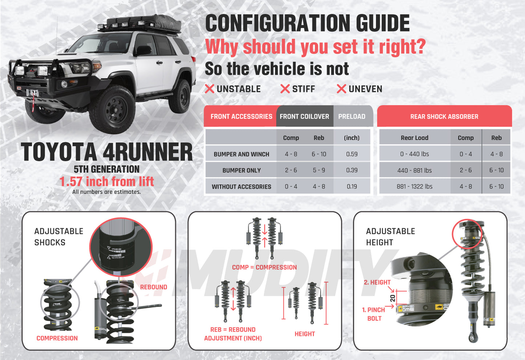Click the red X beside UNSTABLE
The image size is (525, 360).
pyautogui.click(x=209, y=89)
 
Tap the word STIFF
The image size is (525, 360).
pyautogui.click(x=303, y=89)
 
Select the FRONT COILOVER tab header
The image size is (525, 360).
pyautogui.click(x=304, y=117)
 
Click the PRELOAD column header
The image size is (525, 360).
pyautogui.click(x=352, y=117)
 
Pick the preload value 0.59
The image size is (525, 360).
pyautogui.click(x=352, y=154)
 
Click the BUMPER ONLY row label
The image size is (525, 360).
pyautogui.click(x=242, y=170)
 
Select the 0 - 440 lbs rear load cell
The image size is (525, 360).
pyautogui.click(x=415, y=154)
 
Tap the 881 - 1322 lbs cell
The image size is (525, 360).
pyautogui.click(x=415, y=186)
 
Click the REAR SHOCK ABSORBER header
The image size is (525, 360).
pyautogui.click(x=444, y=117)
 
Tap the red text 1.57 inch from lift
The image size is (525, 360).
pyautogui.click(x=107, y=181)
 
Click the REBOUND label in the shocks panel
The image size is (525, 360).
pyautogui.click(x=154, y=287)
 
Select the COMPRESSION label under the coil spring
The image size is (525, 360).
pyautogui.click(x=57, y=338)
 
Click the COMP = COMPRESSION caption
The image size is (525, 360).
pyautogui.click(x=264, y=267)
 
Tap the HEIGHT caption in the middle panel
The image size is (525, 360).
pyautogui.click(x=304, y=334)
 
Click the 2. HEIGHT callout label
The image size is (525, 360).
pyautogui.click(x=377, y=282)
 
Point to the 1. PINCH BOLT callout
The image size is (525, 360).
pyautogui.click(x=374, y=314)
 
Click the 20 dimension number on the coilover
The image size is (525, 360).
pyautogui.click(x=392, y=298)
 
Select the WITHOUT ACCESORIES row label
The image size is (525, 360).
pyautogui.click(x=242, y=187)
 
